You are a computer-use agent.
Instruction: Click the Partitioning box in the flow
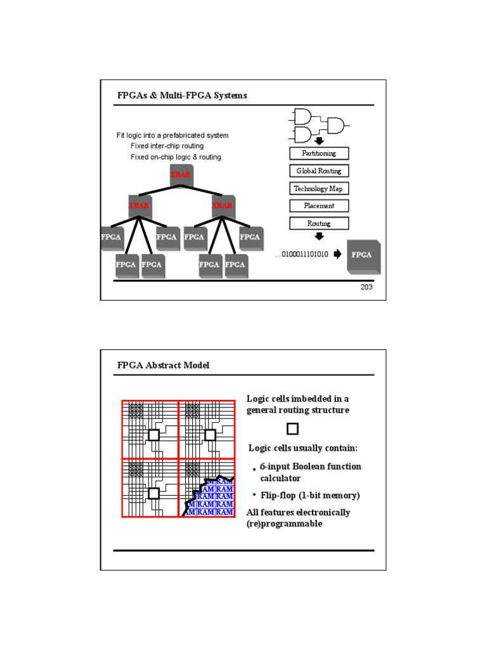(x=319, y=153)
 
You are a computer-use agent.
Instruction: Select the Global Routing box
(x=319, y=171)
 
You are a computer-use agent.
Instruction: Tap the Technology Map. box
(x=319, y=189)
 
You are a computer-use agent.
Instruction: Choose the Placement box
(x=319, y=206)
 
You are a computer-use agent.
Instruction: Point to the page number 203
(x=366, y=287)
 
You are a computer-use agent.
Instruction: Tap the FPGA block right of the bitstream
(x=363, y=255)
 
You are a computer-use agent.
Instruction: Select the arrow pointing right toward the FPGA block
(x=337, y=254)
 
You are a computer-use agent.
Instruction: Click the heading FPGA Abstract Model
(x=163, y=365)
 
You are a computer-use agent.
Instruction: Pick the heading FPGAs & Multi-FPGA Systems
(x=182, y=96)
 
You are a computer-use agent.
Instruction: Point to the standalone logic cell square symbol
(x=292, y=429)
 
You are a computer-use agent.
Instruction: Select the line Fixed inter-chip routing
(x=167, y=146)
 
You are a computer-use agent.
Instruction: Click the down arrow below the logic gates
(x=320, y=140)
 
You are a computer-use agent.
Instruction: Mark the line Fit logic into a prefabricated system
(x=172, y=135)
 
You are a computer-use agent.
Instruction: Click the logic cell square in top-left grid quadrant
(x=153, y=435)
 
